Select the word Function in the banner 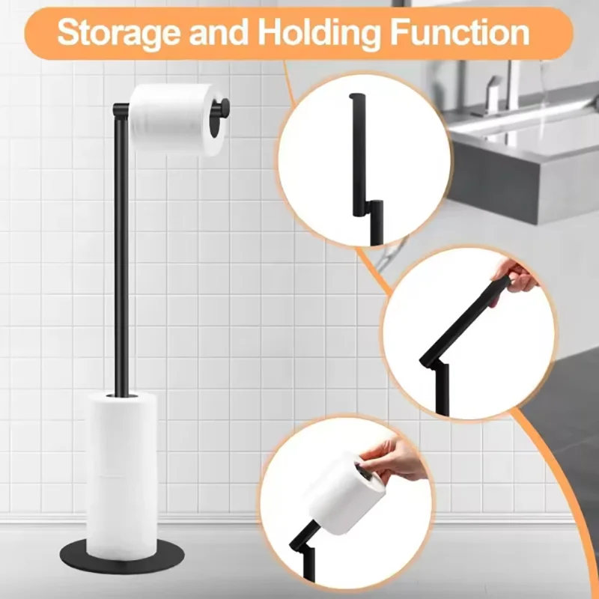coord(459,33)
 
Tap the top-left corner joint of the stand coord(118,111)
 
